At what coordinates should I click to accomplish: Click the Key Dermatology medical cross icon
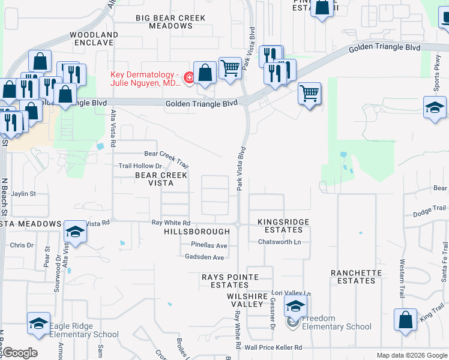click(x=188, y=77)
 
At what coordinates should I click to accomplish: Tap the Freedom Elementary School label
click(x=336, y=323)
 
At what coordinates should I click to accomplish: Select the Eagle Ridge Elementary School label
click(x=84, y=331)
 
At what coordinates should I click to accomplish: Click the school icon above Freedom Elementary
click(x=295, y=307)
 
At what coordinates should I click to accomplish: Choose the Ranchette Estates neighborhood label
click(x=356, y=277)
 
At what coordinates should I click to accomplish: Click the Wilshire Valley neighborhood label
click(x=246, y=300)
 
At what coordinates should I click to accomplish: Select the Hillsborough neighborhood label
click(x=197, y=232)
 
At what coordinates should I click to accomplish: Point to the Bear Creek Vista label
click(x=161, y=179)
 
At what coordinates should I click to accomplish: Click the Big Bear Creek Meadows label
click(x=172, y=22)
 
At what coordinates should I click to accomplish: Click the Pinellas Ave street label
click(x=209, y=245)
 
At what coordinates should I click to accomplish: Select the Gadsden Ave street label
click(x=204, y=257)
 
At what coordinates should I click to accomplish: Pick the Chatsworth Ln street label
click(x=279, y=242)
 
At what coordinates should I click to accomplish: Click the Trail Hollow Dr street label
click(x=140, y=166)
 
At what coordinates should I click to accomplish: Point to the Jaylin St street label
click(x=23, y=194)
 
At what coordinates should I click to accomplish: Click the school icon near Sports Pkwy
click(x=435, y=108)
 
